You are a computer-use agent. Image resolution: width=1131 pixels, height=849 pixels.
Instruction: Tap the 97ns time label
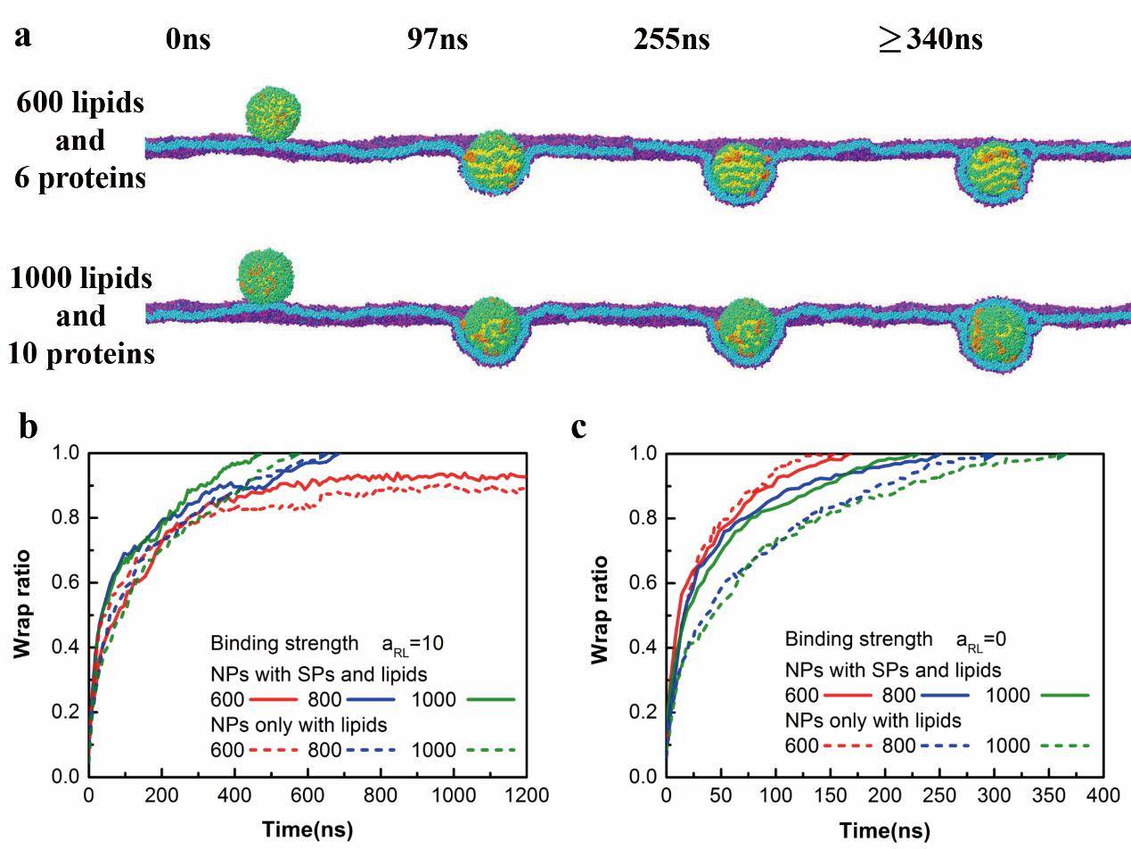click(437, 40)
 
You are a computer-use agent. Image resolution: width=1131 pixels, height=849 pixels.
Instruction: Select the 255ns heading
click(671, 40)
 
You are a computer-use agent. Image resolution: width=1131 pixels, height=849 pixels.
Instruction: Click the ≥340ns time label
click(930, 40)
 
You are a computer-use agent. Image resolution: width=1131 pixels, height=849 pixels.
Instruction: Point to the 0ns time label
click(188, 40)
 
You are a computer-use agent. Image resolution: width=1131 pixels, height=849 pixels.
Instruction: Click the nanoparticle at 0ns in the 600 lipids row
click(274, 113)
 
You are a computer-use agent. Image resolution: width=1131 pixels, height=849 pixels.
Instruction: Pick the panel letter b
click(29, 426)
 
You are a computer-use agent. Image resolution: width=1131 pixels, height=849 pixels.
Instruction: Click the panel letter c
click(579, 426)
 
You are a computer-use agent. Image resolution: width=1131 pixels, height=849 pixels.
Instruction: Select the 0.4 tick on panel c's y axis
click(644, 647)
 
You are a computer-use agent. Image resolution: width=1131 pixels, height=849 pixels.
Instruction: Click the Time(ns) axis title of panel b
click(307, 829)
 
